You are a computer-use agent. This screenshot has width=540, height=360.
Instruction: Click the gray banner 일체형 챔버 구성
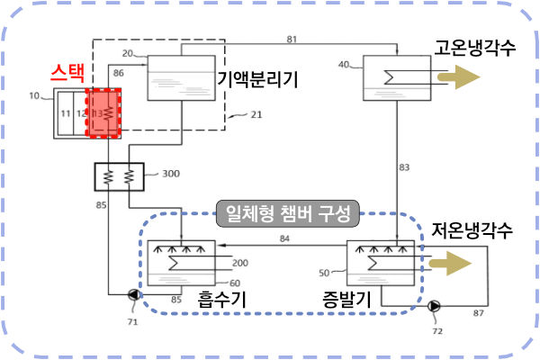coord(288,215)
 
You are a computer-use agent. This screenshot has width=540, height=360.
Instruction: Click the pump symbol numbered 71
coord(135,293)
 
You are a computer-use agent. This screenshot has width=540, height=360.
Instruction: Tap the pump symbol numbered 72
coord(436,305)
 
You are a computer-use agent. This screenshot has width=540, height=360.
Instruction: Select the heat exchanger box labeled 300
coord(119,175)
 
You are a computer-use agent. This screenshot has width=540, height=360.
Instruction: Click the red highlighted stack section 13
coord(103,114)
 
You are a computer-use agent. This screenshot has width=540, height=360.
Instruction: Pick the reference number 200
coord(239,263)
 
